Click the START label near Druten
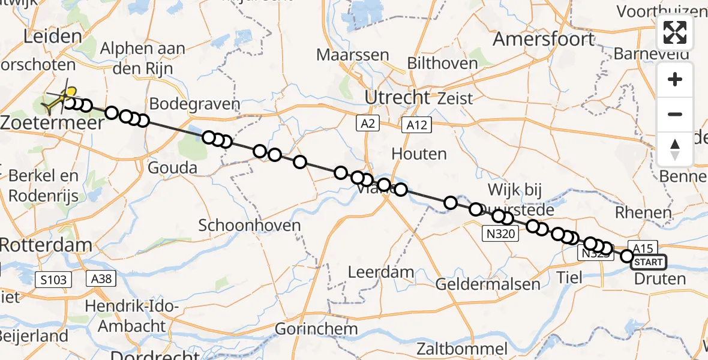click(649, 262)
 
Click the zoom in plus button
click(675, 79)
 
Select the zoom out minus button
click(675, 114)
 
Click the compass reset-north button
click(675, 149)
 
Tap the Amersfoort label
click(544, 40)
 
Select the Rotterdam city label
click(46, 245)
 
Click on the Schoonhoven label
click(249, 225)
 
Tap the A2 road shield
click(367, 124)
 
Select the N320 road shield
click(499, 233)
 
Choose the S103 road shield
click(53, 279)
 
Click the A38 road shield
click(100, 278)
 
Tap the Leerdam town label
click(381, 272)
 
